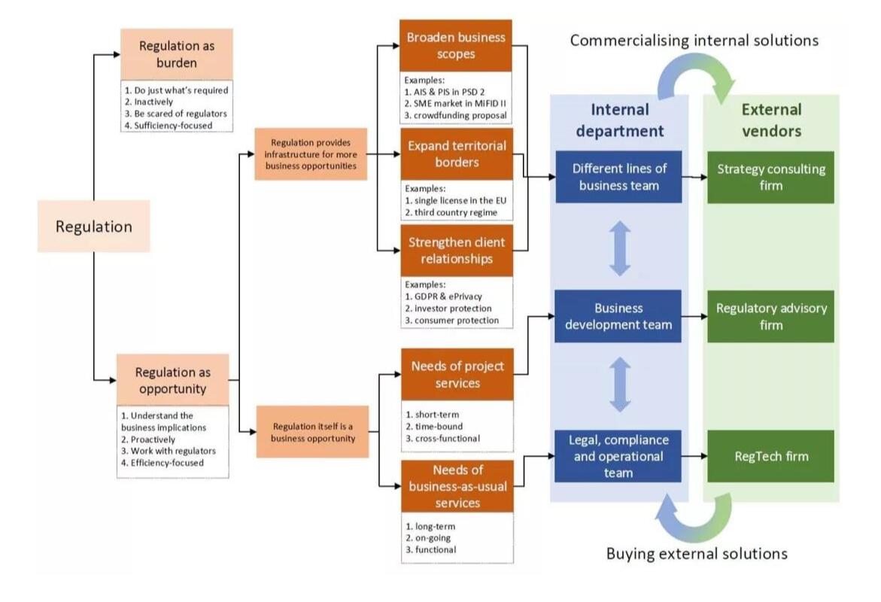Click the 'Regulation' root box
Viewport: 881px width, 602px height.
(x=94, y=226)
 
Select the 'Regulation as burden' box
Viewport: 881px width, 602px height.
(x=177, y=53)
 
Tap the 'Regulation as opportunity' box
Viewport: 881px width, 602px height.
(x=173, y=379)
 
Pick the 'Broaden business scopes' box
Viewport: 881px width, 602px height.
(x=456, y=45)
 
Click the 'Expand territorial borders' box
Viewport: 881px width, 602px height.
(x=456, y=154)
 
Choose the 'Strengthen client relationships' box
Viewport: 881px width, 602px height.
(x=456, y=251)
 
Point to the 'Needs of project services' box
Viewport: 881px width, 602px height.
(x=457, y=374)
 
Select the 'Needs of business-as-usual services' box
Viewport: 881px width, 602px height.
(x=457, y=485)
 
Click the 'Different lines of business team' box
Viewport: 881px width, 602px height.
(x=618, y=177)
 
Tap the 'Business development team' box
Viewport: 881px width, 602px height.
(x=618, y=316)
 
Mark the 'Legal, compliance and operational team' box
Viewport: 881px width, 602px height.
(x=618, y=455)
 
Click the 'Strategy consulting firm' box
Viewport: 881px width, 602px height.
(x=770, y=177)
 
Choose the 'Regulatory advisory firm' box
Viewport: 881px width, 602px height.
(x=770, y=316)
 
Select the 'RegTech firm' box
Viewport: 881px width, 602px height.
(x=770, y=455)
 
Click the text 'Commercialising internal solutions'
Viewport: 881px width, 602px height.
(x=694, y=41)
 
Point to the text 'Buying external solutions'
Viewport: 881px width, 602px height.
(x=697, y=553)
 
